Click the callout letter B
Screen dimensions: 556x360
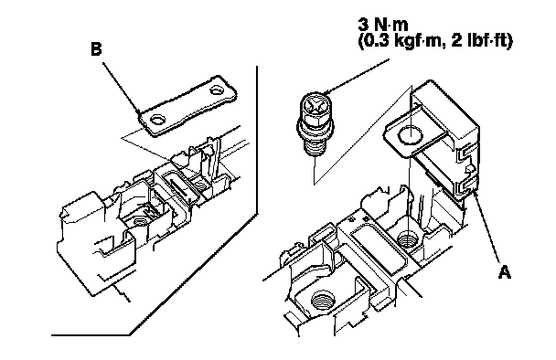(x=96, y=49)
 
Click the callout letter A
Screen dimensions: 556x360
(x=505, y=273)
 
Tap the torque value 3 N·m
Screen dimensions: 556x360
(x=383, y=25)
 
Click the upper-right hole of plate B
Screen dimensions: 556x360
(x=217, y=90)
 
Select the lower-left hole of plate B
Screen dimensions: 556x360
(x=156, y=120)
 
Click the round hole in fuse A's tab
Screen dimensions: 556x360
(x=411, y=136)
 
